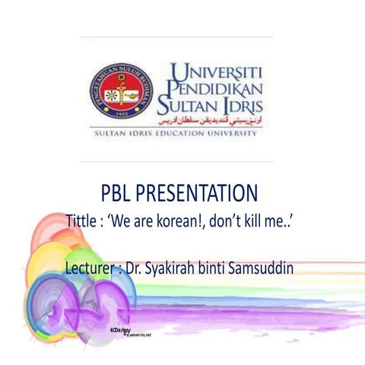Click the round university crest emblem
coord(120,90)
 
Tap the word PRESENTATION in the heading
coord(203,192)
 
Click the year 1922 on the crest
coord(120,110)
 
